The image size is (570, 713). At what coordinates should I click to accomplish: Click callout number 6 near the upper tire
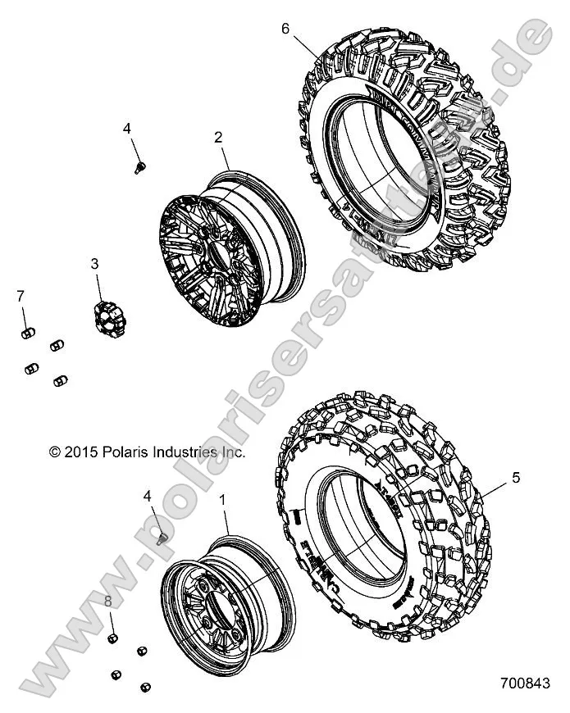coord(285,29)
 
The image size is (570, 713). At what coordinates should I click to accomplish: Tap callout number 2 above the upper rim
coord(218,138)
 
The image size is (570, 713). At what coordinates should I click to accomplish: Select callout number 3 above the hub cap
coord(94,264)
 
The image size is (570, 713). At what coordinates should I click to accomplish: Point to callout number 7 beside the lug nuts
coord(21,294)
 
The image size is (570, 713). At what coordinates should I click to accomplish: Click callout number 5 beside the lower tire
coord(515,477)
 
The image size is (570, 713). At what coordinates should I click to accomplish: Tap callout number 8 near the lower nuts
coord(108,603)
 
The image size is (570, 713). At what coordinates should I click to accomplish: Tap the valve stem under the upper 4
coord(139,167)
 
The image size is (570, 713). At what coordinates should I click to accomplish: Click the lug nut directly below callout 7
coord(25,332)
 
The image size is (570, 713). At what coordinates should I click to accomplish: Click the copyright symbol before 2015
coord(55,452)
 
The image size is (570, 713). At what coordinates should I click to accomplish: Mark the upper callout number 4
coord(127,128)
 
